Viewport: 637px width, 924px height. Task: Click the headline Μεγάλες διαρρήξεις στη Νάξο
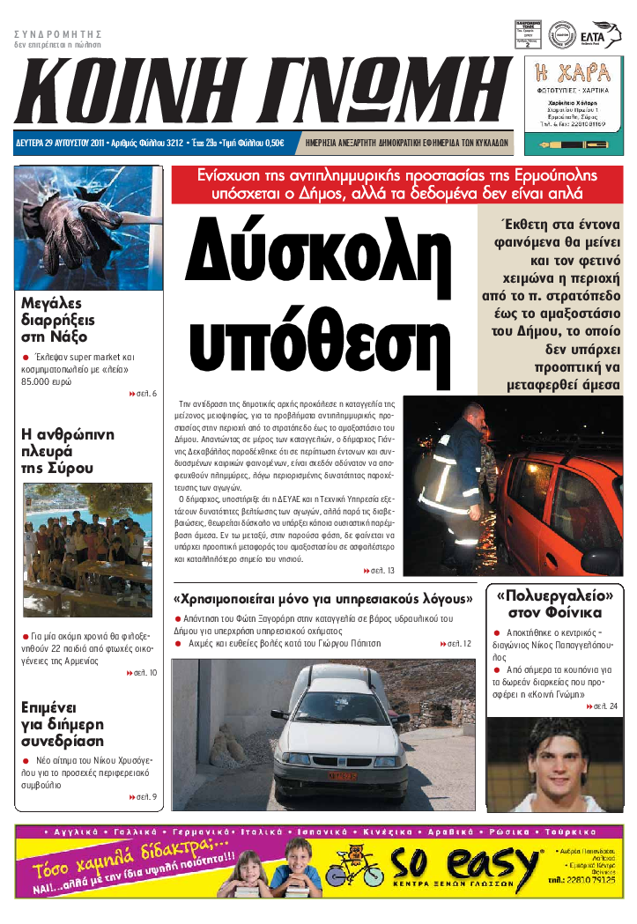click(x=58, y=320)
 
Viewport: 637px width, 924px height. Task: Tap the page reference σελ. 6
click(x=143, y=394)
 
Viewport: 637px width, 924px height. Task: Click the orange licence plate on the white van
click(x=344, y=775)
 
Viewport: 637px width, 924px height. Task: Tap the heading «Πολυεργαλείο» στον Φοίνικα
click(x=555, y=603)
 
